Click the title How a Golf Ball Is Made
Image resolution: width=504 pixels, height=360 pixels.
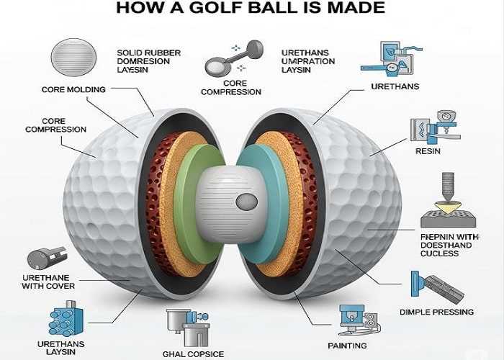251,9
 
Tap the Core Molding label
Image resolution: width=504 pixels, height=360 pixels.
74,89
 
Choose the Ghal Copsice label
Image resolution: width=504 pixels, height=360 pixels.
193,354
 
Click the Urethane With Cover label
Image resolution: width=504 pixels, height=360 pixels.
48,282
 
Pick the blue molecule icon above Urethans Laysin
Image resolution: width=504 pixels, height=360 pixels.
66,322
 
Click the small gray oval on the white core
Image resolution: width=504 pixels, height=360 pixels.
245,202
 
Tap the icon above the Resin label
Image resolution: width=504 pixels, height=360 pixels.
433,127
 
